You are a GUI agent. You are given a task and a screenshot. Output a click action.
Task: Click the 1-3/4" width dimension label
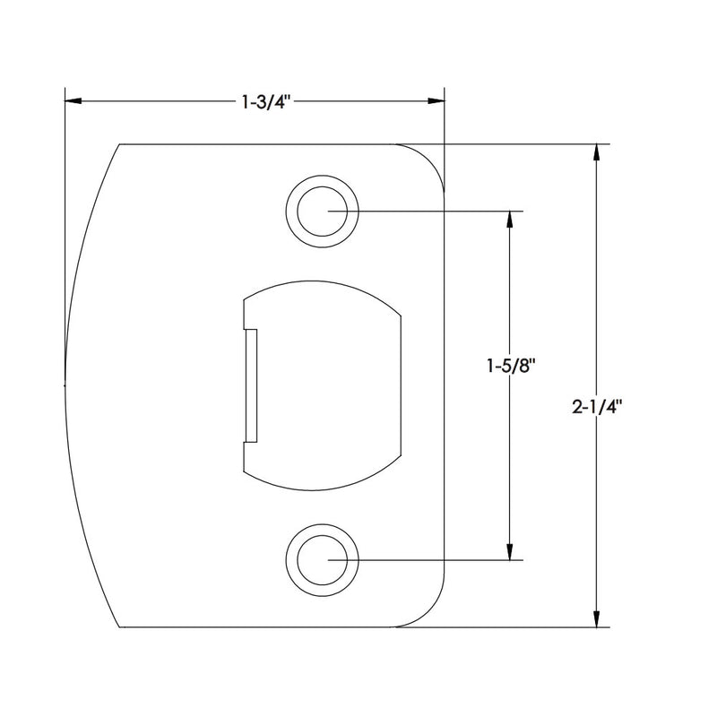(266, 102)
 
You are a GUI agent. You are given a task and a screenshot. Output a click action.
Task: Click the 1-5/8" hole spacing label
(510, 366)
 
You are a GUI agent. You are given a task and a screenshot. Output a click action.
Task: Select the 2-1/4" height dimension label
(597, 407)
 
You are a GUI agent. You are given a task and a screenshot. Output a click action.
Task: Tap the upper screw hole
(323, 212)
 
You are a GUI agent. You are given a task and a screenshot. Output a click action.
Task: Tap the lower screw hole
(323, 560)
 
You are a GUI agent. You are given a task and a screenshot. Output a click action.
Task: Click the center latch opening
(323, 385)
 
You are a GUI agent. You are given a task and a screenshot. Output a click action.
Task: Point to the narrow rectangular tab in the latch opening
(250, 385)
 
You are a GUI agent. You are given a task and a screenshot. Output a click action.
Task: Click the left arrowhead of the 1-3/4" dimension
(73, 100)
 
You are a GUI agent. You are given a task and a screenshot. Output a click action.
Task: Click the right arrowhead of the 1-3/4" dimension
(436, 100)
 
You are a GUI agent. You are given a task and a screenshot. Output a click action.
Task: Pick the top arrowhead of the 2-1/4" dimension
(596, 152)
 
